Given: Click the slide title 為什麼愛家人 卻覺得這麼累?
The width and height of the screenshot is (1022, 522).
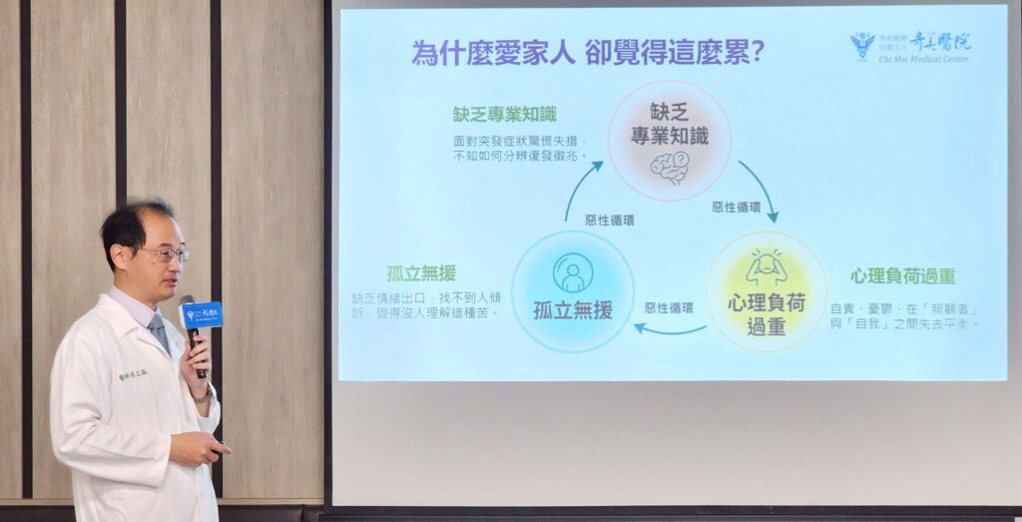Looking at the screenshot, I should click(588, 52).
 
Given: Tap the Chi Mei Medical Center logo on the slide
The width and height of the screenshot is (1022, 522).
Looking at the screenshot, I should click(909, 46).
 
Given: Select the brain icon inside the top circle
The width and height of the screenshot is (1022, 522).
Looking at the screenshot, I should click(669, 167).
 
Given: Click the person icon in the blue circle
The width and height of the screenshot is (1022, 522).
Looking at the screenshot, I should click(573, 272).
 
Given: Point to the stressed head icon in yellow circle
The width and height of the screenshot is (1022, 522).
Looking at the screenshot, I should click(766, 267).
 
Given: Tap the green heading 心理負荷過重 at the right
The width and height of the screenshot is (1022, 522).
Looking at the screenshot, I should click(903, 275).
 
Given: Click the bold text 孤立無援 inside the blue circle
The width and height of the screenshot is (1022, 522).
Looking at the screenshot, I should click(573, 310).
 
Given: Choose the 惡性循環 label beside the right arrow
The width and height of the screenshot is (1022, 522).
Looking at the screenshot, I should click(736, 208).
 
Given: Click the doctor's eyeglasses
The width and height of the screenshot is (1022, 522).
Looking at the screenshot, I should click(164, 254).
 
